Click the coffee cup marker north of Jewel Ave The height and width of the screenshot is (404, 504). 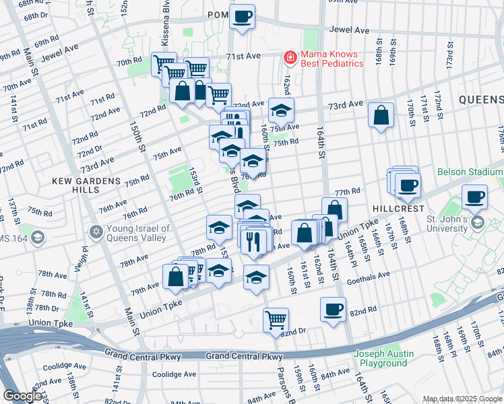[x=243, y=16]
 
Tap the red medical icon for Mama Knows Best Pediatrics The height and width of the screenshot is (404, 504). [x=290, y=59]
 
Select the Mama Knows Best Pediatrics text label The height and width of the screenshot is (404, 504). [x=332, y=59]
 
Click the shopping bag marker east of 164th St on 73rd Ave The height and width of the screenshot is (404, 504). [x=381, y=115]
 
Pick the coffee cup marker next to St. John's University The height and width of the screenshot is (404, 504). [x=475, y=197]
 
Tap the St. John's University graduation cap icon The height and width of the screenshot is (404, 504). [x=478, y=222]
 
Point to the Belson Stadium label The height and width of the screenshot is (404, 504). [x=470, y=172]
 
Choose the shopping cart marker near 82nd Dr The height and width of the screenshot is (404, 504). [x=276, y=319]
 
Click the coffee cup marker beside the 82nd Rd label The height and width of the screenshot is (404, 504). [x=333, y=309]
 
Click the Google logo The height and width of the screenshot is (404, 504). [x=23, y=396]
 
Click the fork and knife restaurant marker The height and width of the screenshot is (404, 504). [x=254, y=242]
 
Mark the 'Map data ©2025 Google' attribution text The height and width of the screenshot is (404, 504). [x=462, y=399]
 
